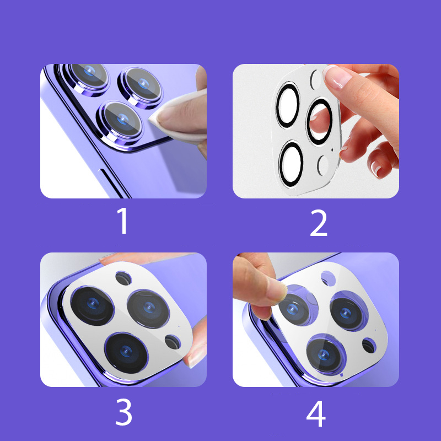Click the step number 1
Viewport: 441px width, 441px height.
click(123, 221)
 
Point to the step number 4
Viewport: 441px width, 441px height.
click(316, 413)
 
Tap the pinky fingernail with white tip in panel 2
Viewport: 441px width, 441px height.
click(375, 168)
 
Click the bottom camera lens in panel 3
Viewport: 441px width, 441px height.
click(126, 353)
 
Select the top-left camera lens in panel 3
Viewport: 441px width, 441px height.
click(92, 306)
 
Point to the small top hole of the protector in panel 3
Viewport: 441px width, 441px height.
click(123, 278)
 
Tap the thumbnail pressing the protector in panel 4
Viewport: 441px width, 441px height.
click(277, 293)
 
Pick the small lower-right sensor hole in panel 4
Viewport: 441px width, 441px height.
click(369, 346)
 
